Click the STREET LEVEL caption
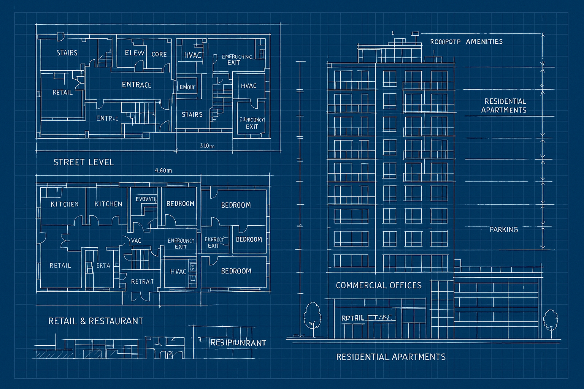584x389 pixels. pyautogui.click(x=84, y=162)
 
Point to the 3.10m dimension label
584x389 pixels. pyautogui.click(x=207, y=145)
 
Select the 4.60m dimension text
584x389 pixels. pyautogui.click(x=163, y=171)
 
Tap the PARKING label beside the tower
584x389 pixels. pyautogui.click(x=503, y=229)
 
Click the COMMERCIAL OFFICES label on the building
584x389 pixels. pyautogui.click(x=378, y=285)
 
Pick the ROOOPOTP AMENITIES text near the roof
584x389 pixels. pyautogui.click(x=466, y=41)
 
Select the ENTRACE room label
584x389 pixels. pyautogui.click(x=136, y=85)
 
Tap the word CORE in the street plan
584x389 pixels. pyautogui.click(x=159, y=54)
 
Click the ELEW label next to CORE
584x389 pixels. pyautogui.click(x=135, y=53)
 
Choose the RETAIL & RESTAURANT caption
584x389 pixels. pyautogui.click(x=95, y=321)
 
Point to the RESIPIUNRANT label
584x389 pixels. pyautogui.click(x=238, y=343)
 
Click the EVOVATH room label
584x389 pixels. pyautogui.click(x=146, y=199)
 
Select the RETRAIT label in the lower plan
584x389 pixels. pyautogui.click(x=142, y=281)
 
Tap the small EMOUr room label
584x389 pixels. pyautogui.click(x=187, y=87)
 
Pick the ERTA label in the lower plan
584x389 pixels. pyautogui.click(x=103, y=266)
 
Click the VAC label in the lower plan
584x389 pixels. pyautogui.click(x=136, y=240)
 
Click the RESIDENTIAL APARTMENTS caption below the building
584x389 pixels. pyautogui.click(x=390, y=357)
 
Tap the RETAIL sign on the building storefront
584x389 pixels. pyautogui.click(x=352, y=318)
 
